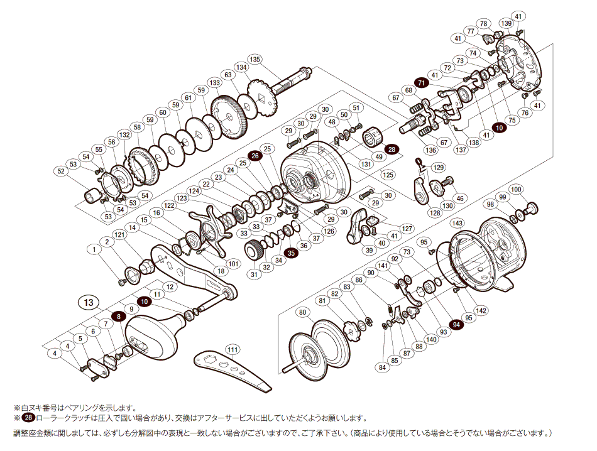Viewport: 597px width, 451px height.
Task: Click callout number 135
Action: coord(255,59)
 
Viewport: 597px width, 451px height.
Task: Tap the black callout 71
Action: coord(421,83)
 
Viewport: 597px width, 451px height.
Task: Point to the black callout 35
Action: coord(290,253)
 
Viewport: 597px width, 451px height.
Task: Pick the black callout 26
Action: coord(255,156)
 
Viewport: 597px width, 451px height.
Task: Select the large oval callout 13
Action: coord(89,302)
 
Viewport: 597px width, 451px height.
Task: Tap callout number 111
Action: coord(233,349)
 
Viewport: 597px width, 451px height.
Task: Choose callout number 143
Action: coord(457,223)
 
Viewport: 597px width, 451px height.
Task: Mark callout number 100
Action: coord(517,189)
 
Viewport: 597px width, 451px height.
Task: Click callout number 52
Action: coord(61,171)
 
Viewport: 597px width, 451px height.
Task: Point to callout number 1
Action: coord(96,249)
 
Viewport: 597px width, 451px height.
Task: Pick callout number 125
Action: coord(388,174)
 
